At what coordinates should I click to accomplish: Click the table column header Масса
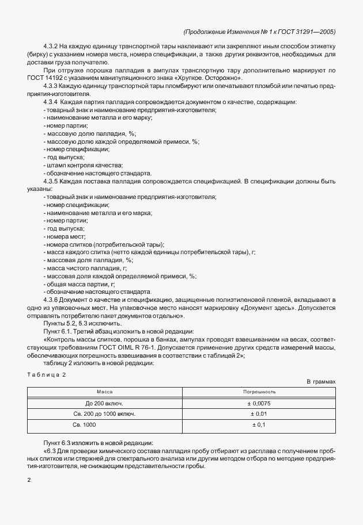coord(104,391)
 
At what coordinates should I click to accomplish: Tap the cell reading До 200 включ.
coord(104,403)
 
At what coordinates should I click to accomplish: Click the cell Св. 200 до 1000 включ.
coord(104,413)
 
